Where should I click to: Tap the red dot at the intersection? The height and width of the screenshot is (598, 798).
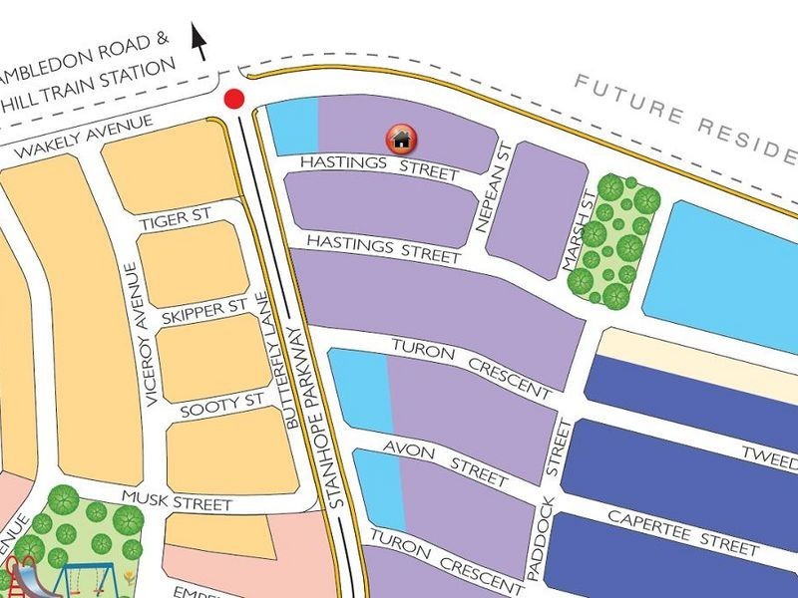[234, 99]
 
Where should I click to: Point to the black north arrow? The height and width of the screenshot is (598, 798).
[199, 42]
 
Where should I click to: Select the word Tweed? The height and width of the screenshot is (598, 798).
[769, 457]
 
